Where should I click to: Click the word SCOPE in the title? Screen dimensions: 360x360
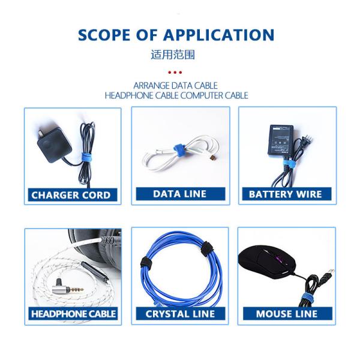[x=104, y=35]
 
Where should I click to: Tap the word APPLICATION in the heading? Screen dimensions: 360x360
[x=219, y=35]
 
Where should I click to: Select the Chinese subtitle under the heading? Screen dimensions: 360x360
[x=173, y=55]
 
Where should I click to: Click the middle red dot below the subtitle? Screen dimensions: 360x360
[x=175, y=73]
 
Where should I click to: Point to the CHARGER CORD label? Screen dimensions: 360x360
[x=73, y=195]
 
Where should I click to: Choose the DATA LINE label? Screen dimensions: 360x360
[x=181, y=194]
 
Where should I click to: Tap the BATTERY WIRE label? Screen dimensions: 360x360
[x=287, y=194]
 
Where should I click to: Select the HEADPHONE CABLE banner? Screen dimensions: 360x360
[x=73, y=314]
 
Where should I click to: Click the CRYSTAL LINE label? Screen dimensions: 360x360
[x=181, y=314]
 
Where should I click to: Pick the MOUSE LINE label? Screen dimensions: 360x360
[x=287, y=314]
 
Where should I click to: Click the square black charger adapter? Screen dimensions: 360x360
[x=54, y=145]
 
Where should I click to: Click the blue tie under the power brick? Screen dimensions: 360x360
[x=287, y=164]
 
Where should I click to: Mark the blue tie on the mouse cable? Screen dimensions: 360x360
[x=307, y=297]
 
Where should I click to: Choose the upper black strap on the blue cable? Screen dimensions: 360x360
[x=208, y=248]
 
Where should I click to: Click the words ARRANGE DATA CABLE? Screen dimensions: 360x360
[x=176, y=86]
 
